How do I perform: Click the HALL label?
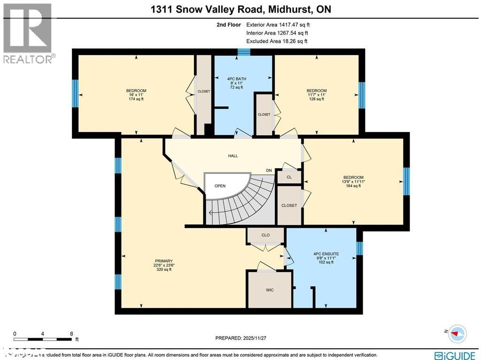tap(233, 156)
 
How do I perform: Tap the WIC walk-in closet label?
tap(270, 290)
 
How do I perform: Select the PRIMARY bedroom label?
tap(164, 261)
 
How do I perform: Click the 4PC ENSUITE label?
tap(326, 254)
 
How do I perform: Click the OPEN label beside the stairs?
tap(220, 186)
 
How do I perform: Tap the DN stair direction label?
tap(269, 171)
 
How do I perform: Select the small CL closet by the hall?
tap(289, 177)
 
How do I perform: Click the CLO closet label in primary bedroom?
tap(265, 235)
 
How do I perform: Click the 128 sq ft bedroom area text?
tap(316, 99)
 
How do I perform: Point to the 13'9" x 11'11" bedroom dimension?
tap(353, 181)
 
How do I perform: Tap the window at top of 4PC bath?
tap(243, 52)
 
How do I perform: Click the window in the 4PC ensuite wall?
tap(359, 248)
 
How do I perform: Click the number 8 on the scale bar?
tap(71, 334)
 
